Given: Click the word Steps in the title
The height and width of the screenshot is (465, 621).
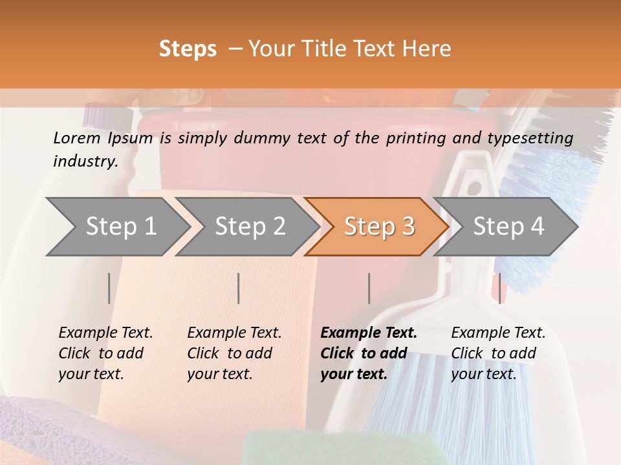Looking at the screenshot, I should point(188,49).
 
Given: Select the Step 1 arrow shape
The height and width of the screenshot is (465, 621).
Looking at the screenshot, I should point(116,227).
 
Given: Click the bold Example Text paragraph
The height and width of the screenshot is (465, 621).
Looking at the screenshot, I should point(368,353).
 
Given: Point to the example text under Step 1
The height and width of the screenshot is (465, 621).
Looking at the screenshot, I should point(105,353).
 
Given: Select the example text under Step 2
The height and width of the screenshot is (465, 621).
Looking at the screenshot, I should point(234,353).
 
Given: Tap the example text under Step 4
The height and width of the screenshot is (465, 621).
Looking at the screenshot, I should point(498,353).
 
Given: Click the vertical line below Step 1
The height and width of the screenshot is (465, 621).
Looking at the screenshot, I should point(109,288).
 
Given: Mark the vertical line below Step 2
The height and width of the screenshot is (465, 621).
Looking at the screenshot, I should point(239,288).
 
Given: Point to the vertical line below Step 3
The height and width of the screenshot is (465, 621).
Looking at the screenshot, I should point(369,288).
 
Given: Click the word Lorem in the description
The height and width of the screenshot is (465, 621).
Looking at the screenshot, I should point(76,138).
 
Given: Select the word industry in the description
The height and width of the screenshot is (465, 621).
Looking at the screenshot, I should point(85,161).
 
